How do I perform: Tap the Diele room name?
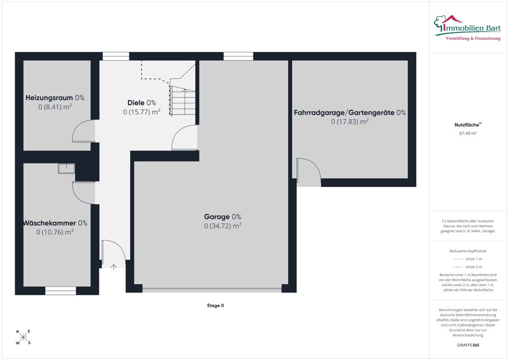(136, 103)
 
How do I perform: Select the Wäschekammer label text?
(49, 223)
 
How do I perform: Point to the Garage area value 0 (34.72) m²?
(223, 226)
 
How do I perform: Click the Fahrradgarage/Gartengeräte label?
(344, 113)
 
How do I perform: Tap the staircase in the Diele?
(182, 101)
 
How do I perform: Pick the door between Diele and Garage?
(184, 137)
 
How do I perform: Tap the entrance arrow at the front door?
(114, 267)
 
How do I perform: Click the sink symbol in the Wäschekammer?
(67, 169)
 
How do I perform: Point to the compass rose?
(23, 337)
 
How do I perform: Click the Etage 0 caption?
(215, 306)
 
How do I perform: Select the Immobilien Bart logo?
(467, 28)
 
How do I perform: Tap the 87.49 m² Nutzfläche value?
(468, 133)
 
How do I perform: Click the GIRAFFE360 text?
(468, 345)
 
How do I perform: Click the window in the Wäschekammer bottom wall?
(61, 291)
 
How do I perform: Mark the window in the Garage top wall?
(238, 56)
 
